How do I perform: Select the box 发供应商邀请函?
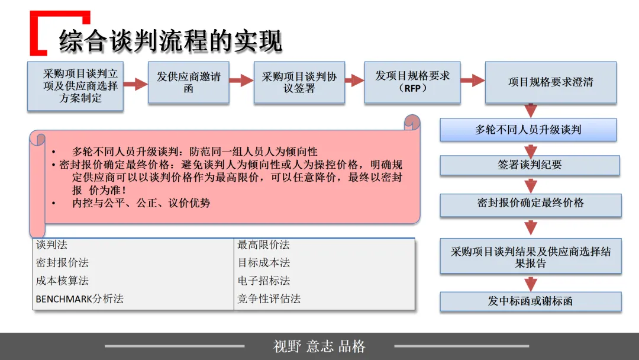189,83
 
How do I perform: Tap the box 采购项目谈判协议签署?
299,83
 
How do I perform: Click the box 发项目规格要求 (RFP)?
412,82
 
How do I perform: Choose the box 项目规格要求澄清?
550,82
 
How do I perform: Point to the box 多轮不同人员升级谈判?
528,130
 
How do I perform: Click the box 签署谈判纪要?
530,165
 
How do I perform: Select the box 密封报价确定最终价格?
530,204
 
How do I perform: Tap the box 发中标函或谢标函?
530,301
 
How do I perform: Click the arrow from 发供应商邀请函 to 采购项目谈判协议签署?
241,81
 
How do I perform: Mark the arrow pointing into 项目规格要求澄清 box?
472,81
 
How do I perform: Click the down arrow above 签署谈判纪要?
531,149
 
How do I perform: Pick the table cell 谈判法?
52,245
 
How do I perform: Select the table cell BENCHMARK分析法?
79,299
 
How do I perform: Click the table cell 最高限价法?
263,245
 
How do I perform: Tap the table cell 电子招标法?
264,281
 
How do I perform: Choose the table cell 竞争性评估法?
269,299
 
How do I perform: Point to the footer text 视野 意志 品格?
319,346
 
